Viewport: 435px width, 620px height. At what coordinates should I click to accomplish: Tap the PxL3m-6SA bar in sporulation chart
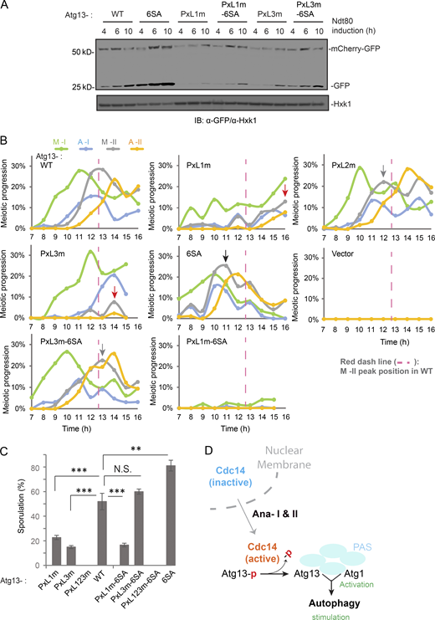[x=149, y=532]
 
